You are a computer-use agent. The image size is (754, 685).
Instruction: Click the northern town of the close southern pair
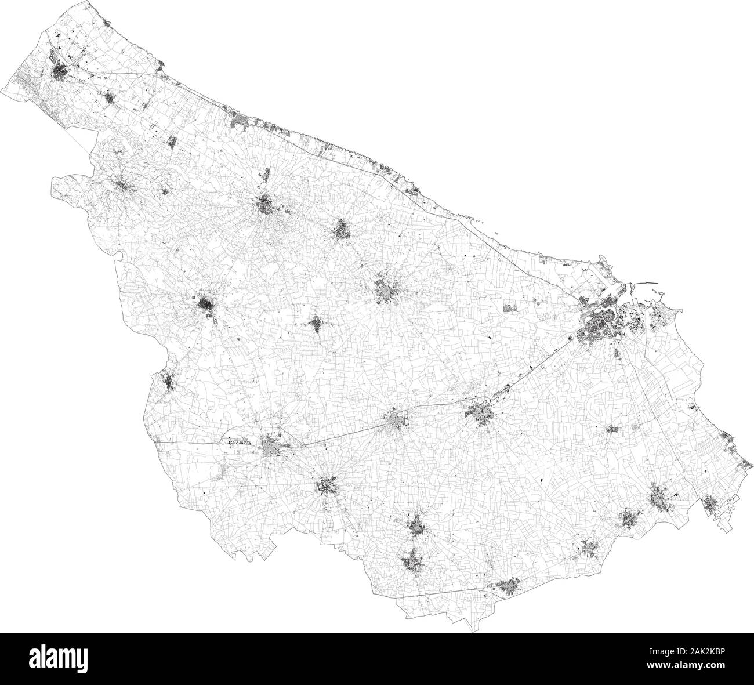coord(416,525)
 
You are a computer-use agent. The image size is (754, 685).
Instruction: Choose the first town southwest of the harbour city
coord(481,413)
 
